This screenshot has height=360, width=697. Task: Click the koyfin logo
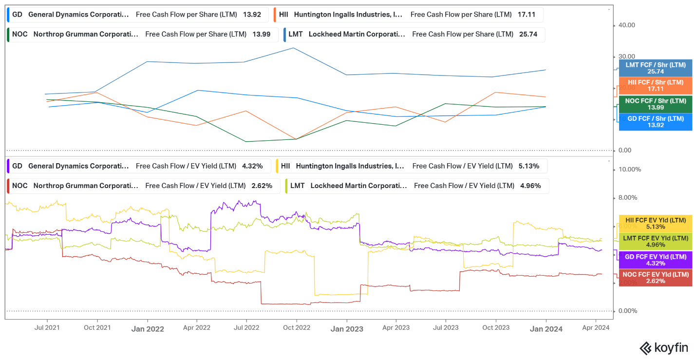[663, 348]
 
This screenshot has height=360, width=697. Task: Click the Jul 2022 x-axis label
[246, 328]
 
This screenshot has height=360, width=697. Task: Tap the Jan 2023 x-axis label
[347, 329]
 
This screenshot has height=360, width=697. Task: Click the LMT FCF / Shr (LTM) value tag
[655, 68]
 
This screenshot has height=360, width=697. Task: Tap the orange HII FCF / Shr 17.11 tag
[655, 86]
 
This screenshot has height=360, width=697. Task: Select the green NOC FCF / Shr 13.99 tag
[655, 104]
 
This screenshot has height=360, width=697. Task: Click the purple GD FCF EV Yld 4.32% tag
[655, 260]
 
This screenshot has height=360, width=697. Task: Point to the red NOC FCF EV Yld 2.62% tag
[655, 278]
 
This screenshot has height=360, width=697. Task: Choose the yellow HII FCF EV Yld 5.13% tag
[655, 223]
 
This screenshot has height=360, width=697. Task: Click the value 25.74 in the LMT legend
[527, 34]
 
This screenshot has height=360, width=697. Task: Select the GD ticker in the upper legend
[17, 15]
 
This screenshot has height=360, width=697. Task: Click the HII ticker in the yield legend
[285, 166]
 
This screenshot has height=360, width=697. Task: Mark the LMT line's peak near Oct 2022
[293, 48]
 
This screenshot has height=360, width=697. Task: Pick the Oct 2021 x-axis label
[97, 328]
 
